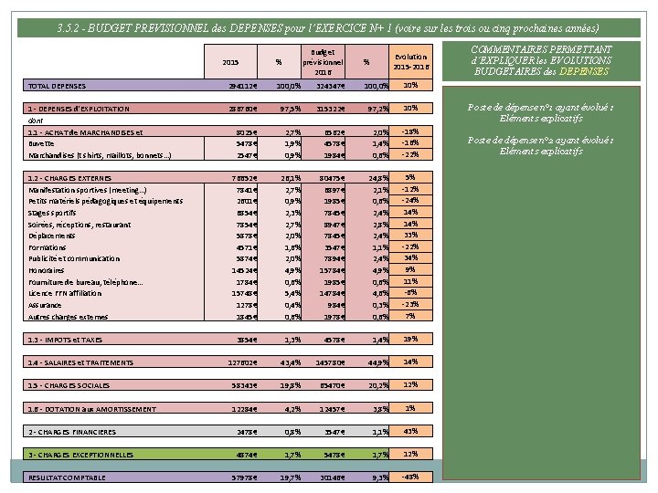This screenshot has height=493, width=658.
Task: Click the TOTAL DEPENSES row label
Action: point(58,86)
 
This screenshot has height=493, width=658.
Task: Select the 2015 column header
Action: point(230,62)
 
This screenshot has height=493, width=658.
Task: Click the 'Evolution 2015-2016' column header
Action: point(410,61)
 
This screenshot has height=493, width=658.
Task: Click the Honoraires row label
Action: point(47,270)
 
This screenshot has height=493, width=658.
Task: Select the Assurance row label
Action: point(46,305)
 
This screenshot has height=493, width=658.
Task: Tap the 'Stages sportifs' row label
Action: point(53,213)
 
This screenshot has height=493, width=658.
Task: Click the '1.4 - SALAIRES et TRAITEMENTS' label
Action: point(80,362)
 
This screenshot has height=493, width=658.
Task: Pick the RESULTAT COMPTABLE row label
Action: point(67,477)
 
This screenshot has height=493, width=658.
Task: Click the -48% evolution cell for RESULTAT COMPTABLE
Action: point(410,477)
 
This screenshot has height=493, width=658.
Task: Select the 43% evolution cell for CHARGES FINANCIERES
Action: point(410,431)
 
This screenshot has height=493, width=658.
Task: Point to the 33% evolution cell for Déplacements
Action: point(410,236)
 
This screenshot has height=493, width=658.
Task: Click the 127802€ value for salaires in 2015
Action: point(243,362)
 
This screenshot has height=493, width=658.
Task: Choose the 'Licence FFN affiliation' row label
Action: point(65,293)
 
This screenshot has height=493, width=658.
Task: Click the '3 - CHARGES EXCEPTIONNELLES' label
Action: point(80,455)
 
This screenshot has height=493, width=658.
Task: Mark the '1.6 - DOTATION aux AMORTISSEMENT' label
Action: point(91,409)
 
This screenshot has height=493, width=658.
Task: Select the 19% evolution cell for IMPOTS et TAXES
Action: point(410,339)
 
